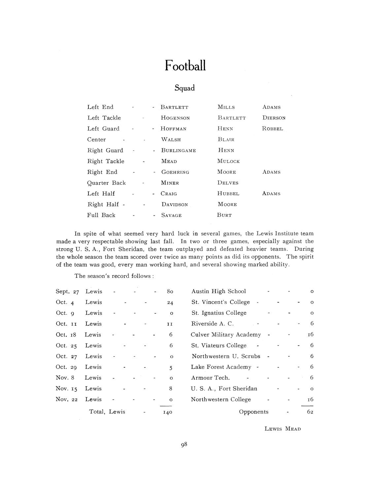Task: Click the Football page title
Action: point(185,65)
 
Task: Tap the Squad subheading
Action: point(184,88)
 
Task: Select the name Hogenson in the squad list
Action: point(175,118)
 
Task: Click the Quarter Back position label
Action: point(106,183)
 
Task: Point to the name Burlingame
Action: point(179,150)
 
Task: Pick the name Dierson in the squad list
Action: point(274,118)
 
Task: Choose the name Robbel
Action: point(273,129)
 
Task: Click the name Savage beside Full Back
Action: point(171,215)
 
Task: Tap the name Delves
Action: point(228,183)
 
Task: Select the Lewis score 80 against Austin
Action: point(170,291)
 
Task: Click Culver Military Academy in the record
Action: point(226,335)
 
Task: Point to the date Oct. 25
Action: point(66,346)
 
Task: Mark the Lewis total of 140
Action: point(168,412)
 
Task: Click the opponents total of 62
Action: point(310,412)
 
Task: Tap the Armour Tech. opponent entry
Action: point(210,378)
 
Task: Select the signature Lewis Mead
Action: point(283,429)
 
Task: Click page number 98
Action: point(184,445)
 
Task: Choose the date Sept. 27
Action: point(67,291)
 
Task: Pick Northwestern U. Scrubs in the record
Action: point(226,356)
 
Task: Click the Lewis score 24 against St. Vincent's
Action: point(170,302)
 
